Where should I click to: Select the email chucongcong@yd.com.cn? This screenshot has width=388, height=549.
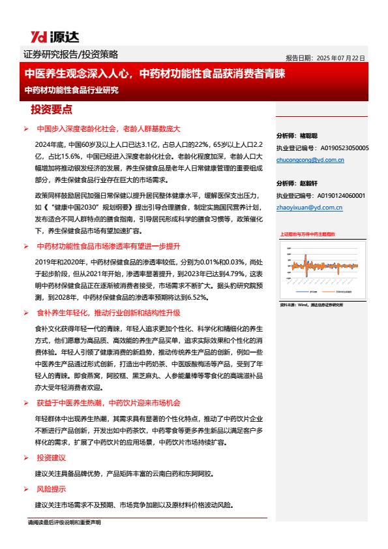tap(310, 160)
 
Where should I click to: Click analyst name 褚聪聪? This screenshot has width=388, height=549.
tap(308, 136)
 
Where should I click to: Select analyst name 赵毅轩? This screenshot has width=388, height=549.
tap(308, 183)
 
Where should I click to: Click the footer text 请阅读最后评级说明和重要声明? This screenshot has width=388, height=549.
tap(64, 523)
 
